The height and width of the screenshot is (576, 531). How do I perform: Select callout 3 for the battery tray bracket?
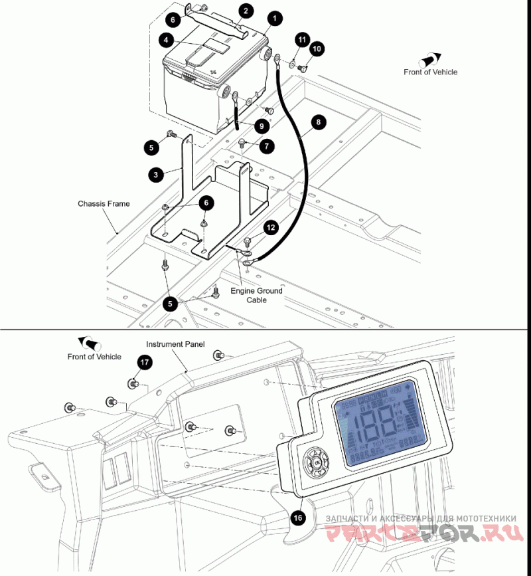(x=155, y=175)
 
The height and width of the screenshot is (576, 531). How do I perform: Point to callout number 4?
(x=163, y=40)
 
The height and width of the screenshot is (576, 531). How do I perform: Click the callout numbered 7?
(x=267, y=144)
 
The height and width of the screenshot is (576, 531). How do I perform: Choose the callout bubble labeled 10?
(x=317, y=49)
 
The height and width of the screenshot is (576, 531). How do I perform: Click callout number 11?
(x=301, y=41)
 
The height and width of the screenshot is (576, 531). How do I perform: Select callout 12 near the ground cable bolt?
(x=270, y=227)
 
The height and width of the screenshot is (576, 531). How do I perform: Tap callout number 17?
(x=145, y=362)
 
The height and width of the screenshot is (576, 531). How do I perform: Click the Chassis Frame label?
(x=104, y=204)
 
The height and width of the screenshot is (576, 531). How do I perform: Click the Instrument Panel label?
(x=175, y=344)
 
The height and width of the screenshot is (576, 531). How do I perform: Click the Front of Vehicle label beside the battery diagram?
(x=430, y=72)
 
